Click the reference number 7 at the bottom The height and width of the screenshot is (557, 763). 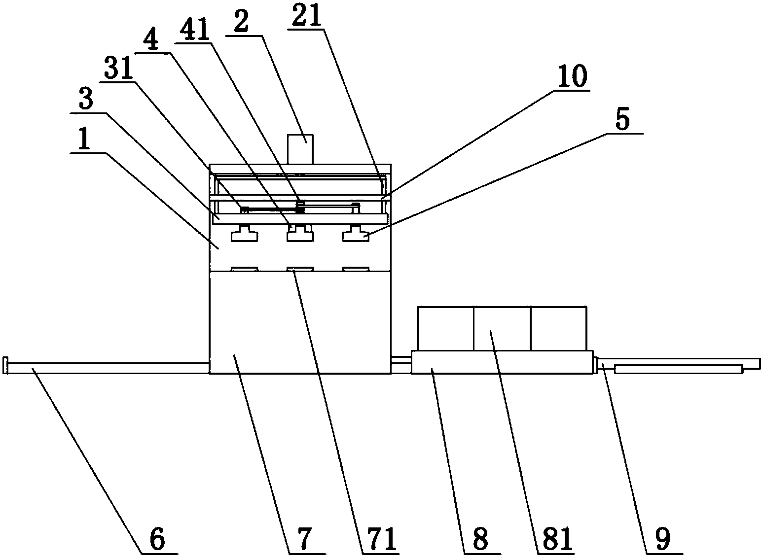point(304,539)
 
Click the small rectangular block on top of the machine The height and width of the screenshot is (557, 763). point(300,148)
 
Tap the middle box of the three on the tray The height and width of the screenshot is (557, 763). point(502,328)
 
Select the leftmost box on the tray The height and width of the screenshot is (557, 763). point(445,328)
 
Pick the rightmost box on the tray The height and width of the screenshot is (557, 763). point(559,328)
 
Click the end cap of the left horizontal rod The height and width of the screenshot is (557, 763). point(6,366)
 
